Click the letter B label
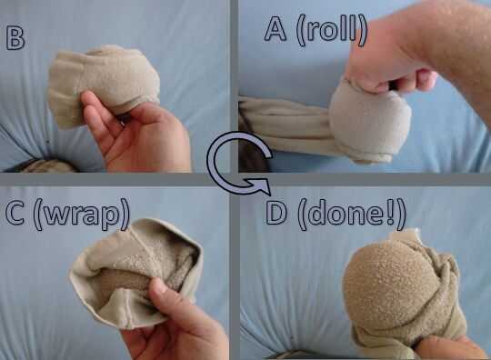pyautogui.click(x=15, y=39)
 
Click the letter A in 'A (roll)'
pyautogui.click(x=276, y=29)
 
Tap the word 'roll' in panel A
pyautogui.click(x=332, y=30)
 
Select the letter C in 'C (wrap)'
pyautogui.click(x=15, y=214)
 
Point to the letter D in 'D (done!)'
pyautogui.click(x=276, y=214)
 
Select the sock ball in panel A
pyautogui.click(x=369, y=122)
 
